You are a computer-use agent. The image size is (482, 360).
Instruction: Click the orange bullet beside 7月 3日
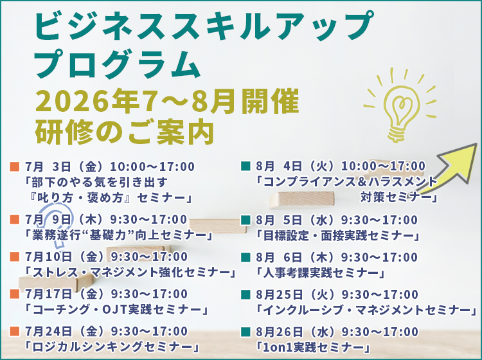(14, 166)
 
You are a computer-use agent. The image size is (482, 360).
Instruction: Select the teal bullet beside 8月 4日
(245, 166)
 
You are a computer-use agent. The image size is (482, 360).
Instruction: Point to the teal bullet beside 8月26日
(245, 332)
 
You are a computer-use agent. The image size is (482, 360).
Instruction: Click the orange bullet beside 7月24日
(14, 332)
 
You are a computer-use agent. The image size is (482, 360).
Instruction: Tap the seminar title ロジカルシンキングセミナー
(112, 347)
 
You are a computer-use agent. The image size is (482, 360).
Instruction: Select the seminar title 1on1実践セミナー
(314, 347)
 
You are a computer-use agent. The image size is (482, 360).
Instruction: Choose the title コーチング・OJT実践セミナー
(116, 310)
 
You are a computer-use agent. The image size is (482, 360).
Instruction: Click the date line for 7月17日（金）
(106, 294)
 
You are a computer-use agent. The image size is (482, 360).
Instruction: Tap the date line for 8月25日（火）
(337, 294)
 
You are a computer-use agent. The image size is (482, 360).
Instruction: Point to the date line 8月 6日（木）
(337, 257)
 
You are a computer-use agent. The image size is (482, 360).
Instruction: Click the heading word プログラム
(118, 64)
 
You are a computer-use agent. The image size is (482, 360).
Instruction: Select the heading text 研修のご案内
(125, 133)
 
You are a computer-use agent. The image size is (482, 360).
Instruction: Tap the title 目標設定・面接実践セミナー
(338, 236)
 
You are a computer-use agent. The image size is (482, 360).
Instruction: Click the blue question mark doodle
(58, 224)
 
